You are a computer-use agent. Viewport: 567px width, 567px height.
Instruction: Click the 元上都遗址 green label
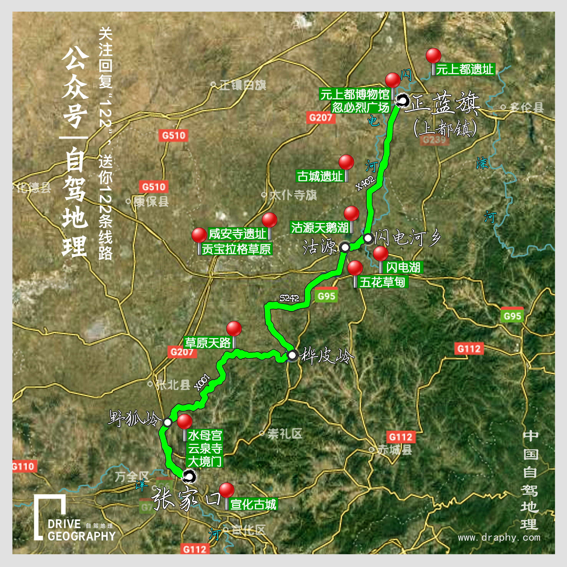point(465,70)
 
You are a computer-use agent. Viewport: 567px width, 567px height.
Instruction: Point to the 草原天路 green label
point(208,343)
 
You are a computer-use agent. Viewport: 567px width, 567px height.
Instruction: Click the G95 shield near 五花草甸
point(326,296)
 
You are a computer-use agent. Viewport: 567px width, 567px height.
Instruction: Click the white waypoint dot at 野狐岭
point(167,422)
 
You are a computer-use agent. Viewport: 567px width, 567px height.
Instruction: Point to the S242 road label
point(289,298)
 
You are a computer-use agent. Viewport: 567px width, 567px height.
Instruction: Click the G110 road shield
point(23,466)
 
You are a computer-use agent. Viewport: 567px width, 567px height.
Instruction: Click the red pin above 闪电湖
point(381,254)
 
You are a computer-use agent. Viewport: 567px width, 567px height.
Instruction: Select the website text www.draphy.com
point(499,537)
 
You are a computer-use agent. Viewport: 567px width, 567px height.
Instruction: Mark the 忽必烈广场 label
point(360,107)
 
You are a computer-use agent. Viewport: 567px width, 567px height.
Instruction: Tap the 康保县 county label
point(151,202)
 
